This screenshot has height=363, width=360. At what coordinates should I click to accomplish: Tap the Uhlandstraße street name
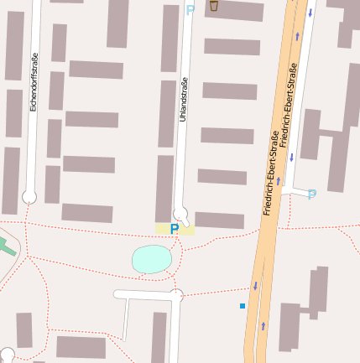point(184,100)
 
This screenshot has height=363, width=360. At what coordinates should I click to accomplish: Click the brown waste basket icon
point(214,6)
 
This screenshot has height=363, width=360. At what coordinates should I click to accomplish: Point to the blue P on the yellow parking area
point(175,229)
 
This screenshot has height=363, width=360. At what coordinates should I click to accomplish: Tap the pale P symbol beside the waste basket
point(190,9)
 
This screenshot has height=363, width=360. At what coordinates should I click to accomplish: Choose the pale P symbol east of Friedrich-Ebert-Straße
point(312,194)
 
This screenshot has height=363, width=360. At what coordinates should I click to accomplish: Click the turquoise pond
point(152,259)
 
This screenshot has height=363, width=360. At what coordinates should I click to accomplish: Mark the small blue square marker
point(243,306)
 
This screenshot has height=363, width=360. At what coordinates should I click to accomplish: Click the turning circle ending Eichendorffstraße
point(29,197)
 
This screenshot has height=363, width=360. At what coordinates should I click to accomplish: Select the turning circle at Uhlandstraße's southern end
point(180,213)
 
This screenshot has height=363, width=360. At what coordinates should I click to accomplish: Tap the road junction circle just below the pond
point(176,295)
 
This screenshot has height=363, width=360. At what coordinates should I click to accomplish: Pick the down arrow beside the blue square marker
point(255,286)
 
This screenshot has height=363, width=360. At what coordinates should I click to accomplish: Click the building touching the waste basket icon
point(235,10)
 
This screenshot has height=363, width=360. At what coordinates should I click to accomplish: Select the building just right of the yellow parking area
point(220,220)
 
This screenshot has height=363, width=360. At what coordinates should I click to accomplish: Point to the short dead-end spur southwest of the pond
point(125,319)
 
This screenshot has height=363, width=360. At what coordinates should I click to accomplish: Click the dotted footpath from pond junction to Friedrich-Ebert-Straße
point(214,293)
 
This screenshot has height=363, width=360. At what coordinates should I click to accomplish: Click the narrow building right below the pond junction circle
point(159,337)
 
